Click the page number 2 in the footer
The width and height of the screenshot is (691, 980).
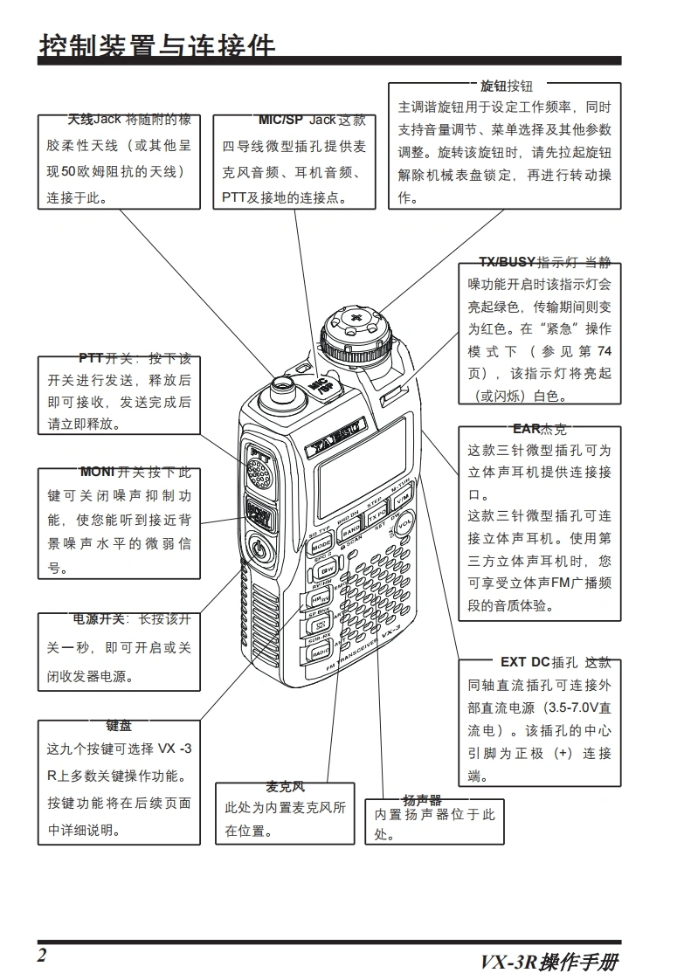coord(41,954)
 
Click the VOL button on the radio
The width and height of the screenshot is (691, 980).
coord(404,528)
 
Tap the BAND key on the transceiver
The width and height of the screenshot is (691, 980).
coord(351,530)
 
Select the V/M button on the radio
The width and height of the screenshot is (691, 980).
coord(402,500)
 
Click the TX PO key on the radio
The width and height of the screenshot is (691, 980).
coord(377,515)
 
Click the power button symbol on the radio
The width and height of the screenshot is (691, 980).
coord(258,549)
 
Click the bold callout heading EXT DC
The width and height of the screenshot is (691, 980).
coord(524,662)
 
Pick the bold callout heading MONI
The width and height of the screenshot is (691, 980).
coord(96,473)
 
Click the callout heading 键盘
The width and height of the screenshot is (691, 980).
coord(119,726)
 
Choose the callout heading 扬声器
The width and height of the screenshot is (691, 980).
coord(422,800)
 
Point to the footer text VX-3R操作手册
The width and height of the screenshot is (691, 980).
coord(549,963)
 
